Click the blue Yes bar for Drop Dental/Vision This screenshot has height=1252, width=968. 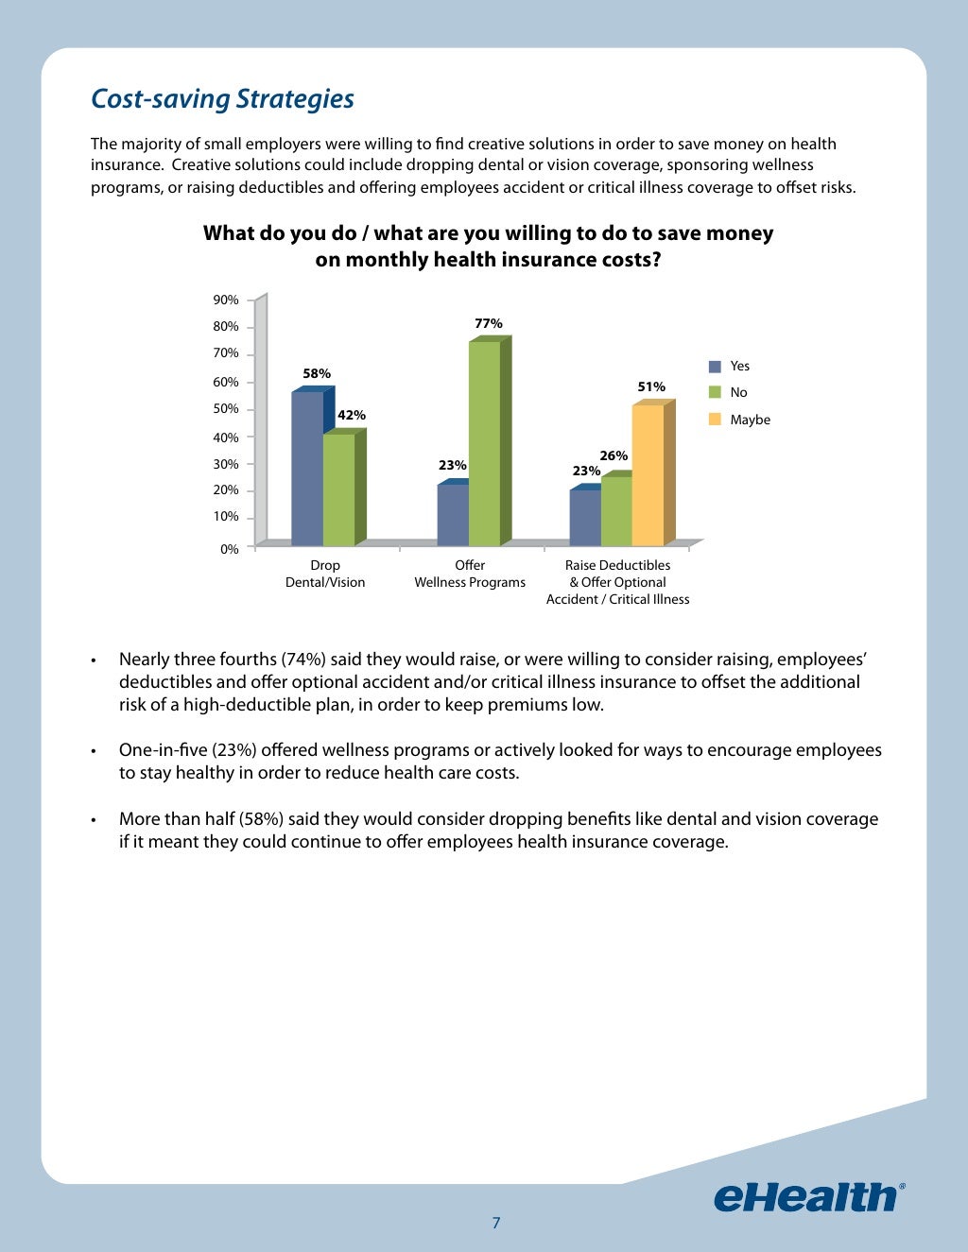(x=307, y=469)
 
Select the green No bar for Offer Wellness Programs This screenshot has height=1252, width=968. (x=485, y=444)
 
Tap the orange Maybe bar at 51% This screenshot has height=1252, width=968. (x=648, y=475)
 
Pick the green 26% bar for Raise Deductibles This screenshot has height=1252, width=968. (x=616, y=511)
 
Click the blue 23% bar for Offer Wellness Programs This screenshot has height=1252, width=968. (x=453, y=515)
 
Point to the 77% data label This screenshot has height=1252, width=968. (x=489, y=323)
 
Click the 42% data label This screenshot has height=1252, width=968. (x=352, y=415)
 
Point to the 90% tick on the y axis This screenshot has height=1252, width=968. (x=226, y=300)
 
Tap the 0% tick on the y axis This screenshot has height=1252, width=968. (x=230, y=549)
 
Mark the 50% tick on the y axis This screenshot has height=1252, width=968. (x=226, y=409)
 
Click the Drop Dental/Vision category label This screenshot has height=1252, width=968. (x=325, y=574)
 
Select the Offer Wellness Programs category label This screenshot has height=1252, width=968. (x=470, y=574)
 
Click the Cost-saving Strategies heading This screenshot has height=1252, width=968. (x=222, y=98)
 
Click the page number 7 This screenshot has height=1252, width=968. (x=496, y=1223)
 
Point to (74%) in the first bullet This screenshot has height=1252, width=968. (x=303, y=659)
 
